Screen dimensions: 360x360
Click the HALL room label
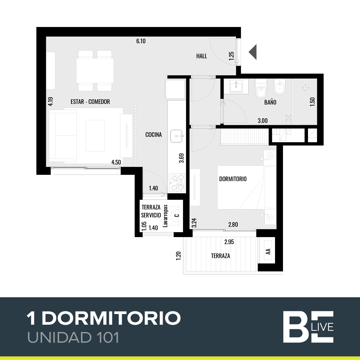(201, 56)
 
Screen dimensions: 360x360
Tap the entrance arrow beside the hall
(253, 52)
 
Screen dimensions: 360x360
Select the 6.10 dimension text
(141, 41)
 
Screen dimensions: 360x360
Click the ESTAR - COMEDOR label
(90, 102)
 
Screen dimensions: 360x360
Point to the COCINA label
(153, 135)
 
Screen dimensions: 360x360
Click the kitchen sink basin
(176, 136)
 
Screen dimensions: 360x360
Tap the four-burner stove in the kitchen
(177, 182)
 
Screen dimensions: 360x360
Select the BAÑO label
(270, 102)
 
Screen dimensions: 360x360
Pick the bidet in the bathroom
(280, 88)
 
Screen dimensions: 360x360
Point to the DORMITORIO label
(233, 179)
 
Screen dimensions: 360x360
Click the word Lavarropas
(165, 216)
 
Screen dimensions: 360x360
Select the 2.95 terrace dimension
(229, 242)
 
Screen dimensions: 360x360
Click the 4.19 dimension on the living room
(51, 102)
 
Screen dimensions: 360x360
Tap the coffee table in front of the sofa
(95, 136)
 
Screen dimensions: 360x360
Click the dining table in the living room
(95, 71)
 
